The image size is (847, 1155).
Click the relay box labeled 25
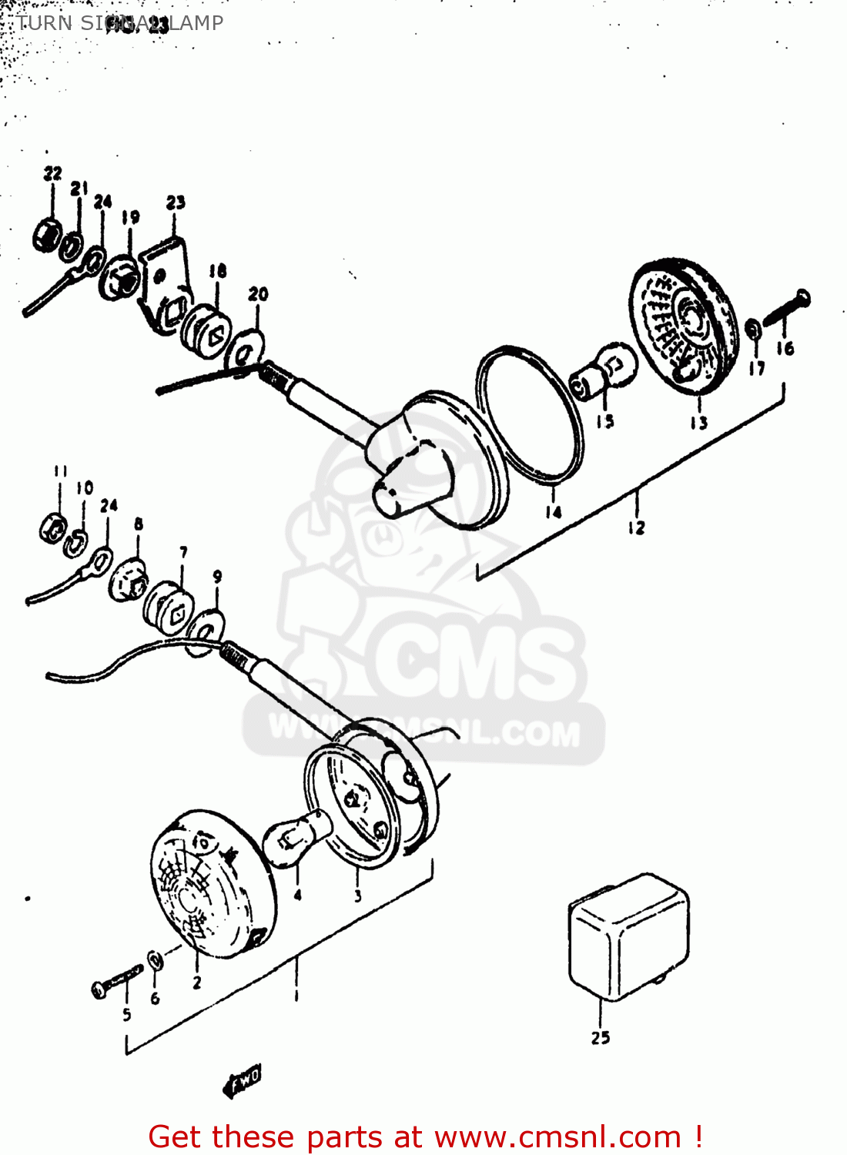[x=628, y=936]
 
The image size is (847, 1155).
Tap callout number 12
[x=636, y=527]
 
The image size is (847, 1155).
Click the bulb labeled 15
[x=604, y=370]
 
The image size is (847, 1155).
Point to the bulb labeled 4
[x=297, y=839]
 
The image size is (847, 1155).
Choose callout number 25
[x=601, y=1037]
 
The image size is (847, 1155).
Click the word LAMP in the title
[x=197, y=23]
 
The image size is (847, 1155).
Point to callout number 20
[x=258, y=294]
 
